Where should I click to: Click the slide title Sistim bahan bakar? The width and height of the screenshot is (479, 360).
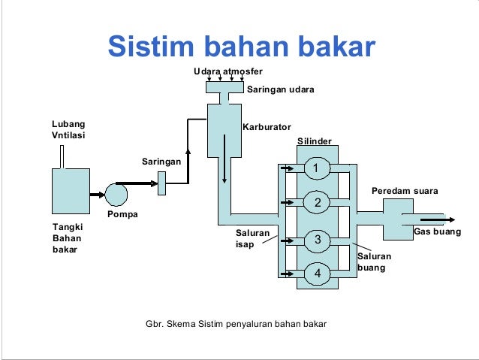tap(241, 47)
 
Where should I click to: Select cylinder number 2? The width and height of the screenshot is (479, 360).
tap(317, 202)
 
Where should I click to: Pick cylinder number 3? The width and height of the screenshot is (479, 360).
tap(317, 240)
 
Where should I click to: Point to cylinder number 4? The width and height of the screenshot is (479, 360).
tap(317, 273)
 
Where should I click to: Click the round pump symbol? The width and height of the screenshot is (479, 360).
tap(116, 194)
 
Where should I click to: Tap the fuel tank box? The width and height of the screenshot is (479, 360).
tap(70, 191)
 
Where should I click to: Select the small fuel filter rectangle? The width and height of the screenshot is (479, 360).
tap(161, 183)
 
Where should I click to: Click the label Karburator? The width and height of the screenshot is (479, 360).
tap(267, 127)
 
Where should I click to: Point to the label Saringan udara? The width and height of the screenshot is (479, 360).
tap(280, 89)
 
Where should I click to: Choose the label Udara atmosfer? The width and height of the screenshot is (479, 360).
tap(227, 71)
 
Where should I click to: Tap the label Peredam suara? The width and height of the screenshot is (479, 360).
tap(405, 191)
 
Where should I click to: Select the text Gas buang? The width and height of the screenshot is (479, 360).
tap(437, 231)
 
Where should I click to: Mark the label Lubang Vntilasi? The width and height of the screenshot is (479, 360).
tap(68, 129)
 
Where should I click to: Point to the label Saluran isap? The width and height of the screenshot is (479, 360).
tap(253, 239)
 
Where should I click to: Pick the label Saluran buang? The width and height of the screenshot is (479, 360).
tap(375, 262)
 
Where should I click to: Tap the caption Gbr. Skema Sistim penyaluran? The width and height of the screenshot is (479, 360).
tap(236, 324)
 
